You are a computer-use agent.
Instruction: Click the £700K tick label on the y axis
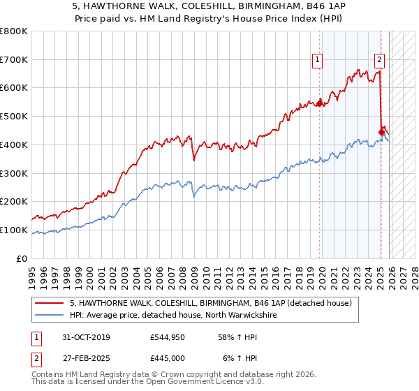14,59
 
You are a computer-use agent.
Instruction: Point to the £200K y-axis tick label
14,201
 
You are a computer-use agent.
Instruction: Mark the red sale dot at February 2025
381,131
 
